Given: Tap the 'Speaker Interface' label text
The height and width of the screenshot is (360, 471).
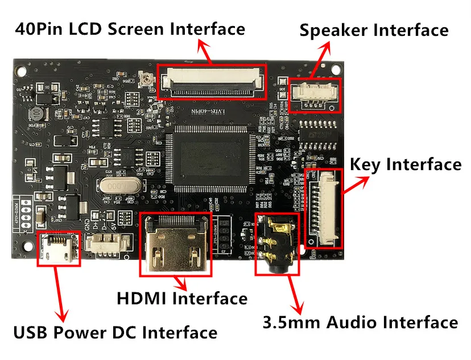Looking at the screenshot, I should pos(374,30).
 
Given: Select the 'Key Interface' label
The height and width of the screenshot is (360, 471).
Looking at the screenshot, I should pos(405,165).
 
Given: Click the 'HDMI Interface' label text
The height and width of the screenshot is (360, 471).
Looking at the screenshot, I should pos(182,298).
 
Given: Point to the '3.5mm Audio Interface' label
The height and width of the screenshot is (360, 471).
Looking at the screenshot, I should pos(360,322).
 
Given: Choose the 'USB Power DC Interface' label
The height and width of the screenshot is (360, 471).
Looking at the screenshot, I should pos(115,332).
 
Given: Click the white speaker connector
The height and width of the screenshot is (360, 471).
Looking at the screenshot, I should pos(315,93).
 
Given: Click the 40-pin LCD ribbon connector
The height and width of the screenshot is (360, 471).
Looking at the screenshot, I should pos(212,81).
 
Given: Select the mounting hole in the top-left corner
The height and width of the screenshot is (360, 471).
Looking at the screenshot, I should pos(21,71).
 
